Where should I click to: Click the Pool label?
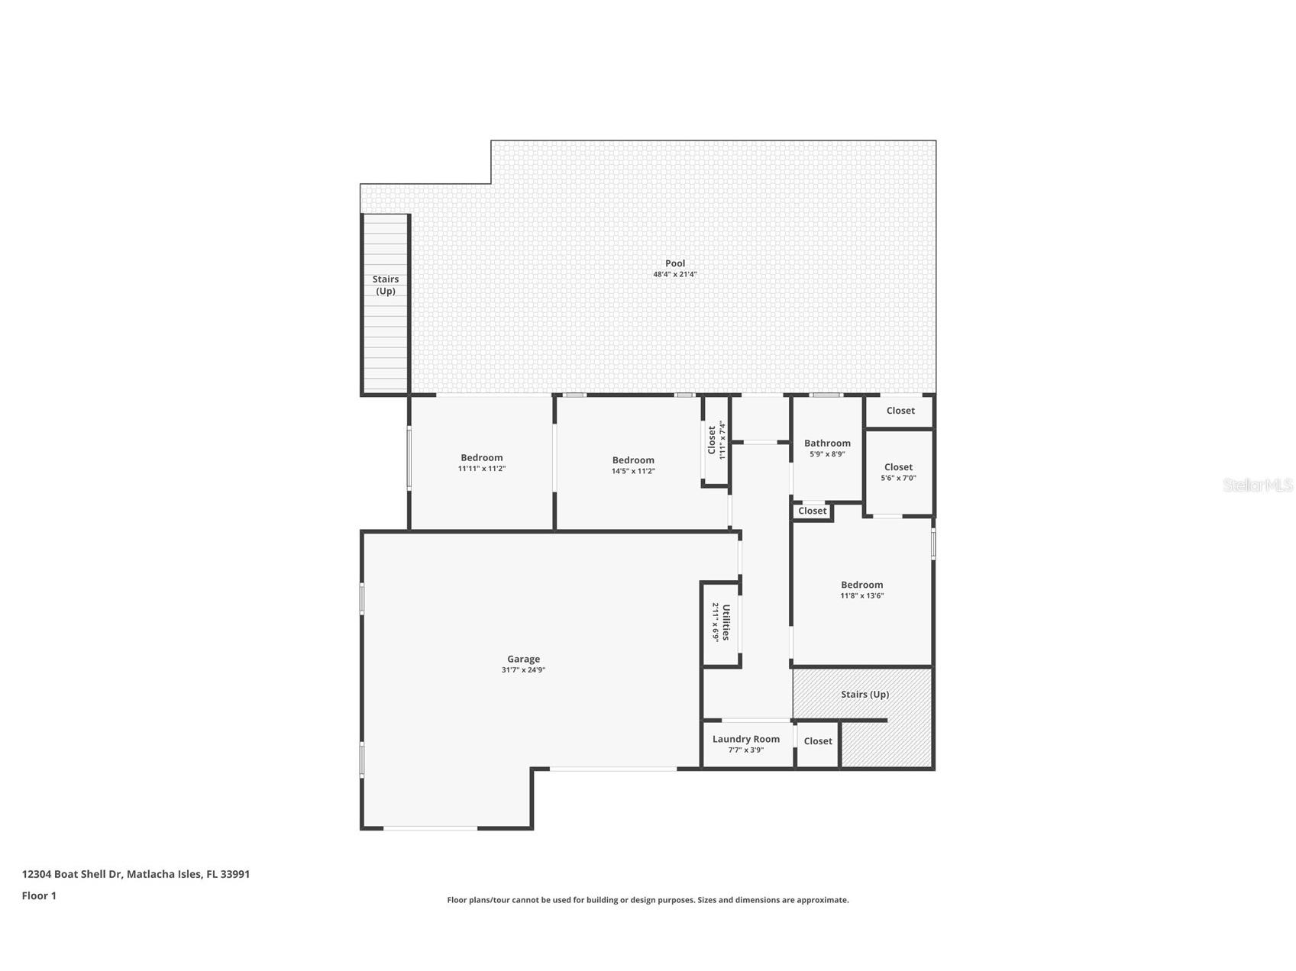[674, 263]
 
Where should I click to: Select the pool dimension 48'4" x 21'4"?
[674, 275]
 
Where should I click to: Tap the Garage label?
[523, 659]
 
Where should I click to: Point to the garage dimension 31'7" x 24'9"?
[523, 670]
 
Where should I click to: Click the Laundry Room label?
[745, 739]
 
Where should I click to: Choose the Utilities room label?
[726, 622]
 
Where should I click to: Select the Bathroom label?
[827, 443]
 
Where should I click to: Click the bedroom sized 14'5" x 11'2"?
[633, 460]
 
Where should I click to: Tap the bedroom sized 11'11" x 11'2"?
[481, 458]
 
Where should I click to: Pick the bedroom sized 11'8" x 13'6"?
[861, 585]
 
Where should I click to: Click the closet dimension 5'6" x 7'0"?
[898, 479]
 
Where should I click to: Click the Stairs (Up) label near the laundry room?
[865, 694]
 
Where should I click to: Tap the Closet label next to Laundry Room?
[817, 741]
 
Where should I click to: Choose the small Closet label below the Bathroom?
[812, 511]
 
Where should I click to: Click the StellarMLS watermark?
[1257, 485]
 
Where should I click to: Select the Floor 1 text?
[39, 895]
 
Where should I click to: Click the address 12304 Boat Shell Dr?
[72, 874]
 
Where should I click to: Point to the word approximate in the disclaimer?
[822, 900]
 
